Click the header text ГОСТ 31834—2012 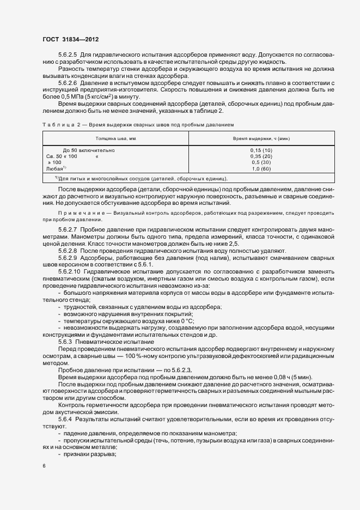[71, 40]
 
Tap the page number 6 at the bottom [44, 466]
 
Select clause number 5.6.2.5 [68, 55]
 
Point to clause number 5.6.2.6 [68, 83]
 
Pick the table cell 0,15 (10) [261, 150]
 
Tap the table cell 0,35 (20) [261, 156]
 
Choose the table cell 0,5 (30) [261, 162]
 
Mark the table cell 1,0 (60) [261, 169]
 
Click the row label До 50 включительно [89, 150]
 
